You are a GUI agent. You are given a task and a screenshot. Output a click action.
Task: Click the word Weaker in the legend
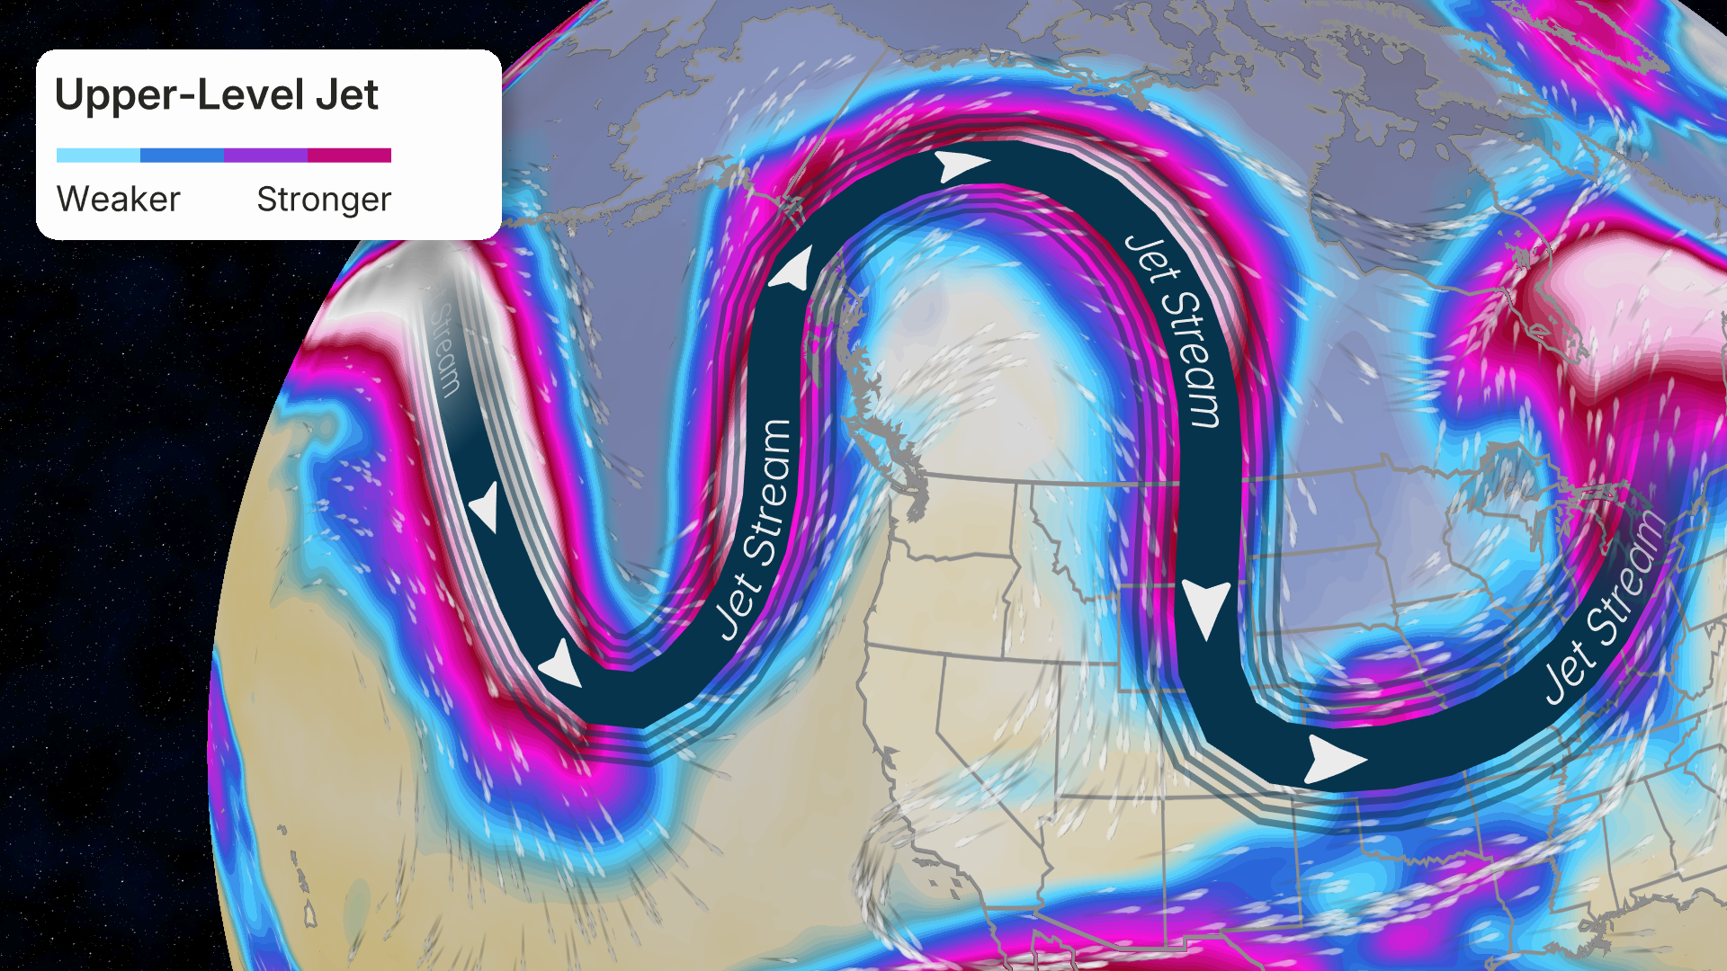[x=118, y=199]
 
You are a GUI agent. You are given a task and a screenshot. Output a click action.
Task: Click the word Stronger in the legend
[x=324, y=199]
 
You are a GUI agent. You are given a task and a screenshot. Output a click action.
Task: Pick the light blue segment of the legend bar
[x=98, y=156]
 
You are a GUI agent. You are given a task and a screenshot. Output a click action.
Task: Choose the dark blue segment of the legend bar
[x=182, y=156]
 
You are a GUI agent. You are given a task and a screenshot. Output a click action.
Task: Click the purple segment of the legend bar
[x=265, y=156]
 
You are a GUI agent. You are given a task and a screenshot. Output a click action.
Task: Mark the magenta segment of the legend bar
[x=349, y=156]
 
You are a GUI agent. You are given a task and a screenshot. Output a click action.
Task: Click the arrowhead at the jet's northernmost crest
[x=961, y=165]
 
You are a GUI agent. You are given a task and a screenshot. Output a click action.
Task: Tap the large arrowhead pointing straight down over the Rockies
[x=1205, y=606]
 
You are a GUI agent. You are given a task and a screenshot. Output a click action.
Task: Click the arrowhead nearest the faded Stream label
[x=486, y=505]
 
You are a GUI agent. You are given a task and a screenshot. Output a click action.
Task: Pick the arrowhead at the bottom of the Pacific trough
[x=560, y=665]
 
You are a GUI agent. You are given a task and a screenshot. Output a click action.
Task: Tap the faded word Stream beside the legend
[x=446, y=347]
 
